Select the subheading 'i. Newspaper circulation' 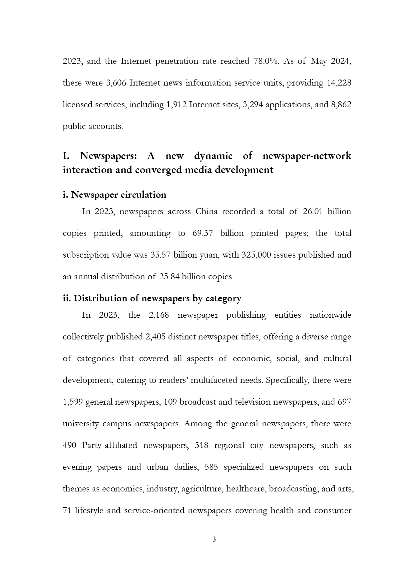tap(114, 195)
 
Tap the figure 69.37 tap(202, 234)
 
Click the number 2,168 tap(158, 315)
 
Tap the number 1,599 tap(73, 402)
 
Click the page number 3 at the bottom tap(214, 539)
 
